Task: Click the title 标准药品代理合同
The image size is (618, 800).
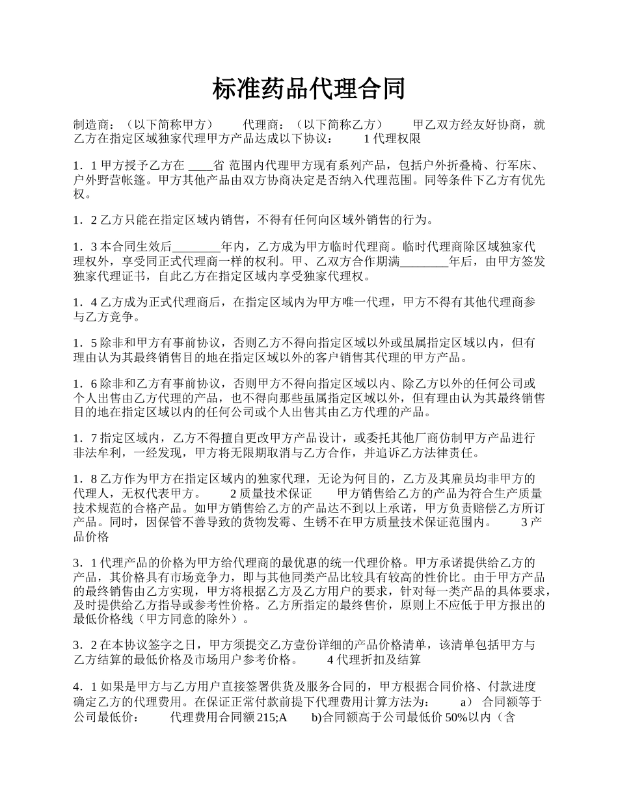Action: click(308, 89)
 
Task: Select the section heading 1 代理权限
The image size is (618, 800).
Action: click(392, 139)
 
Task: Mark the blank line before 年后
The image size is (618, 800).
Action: click(424, 261)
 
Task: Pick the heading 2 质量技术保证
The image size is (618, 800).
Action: click(271, 494)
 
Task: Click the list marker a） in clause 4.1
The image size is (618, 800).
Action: click(466, 702)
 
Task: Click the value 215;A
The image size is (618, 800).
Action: click(273, 717)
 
